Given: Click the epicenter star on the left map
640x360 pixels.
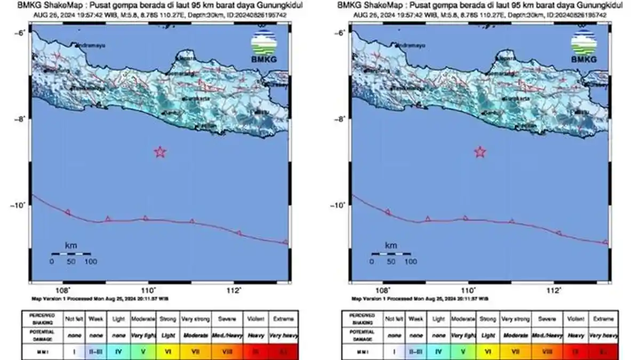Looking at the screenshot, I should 160,152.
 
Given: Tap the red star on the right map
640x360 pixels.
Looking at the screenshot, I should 480,152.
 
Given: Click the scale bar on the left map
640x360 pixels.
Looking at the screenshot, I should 71,254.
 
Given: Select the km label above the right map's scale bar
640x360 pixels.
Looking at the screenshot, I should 391,245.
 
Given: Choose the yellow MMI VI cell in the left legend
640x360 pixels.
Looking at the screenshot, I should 167,351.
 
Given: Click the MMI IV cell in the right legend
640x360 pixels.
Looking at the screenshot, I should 438,351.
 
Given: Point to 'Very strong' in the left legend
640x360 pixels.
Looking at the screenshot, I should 196,319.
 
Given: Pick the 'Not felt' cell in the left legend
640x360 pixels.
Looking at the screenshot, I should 73,319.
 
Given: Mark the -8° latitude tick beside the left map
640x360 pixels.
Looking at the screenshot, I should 20,119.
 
